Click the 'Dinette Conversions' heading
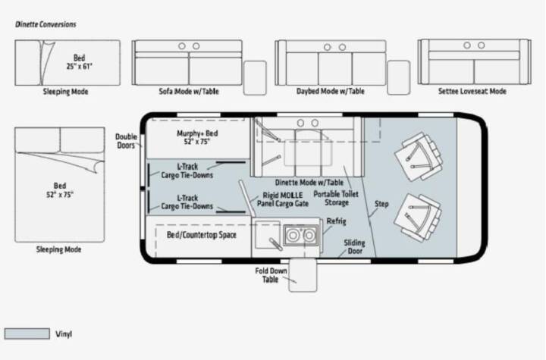pyautogui.click(x=45, y=24)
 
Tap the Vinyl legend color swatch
pyautogui.click(x=27, y=333)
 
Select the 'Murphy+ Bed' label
pyautogui.click(x=197, y=133)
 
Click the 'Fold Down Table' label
pyautogui.click(x=271, y=275)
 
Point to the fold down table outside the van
pyautogui.click(x=303, y=274)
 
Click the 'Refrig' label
pyautogui.click(x=337, y=221)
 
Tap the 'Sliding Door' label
pyautogui.click(x=354, y=247)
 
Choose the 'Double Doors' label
pyautogui.click(x=126, y=141)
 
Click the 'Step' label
pyautogui.click(x=381, y=204)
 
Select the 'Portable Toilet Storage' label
pyautogui.click(x=336, y=199)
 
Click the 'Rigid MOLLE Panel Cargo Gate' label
pyautogui.click(x=283, y=199)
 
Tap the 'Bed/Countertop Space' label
pyautogui.click(x=202, y=235)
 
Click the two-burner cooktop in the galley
pyautogui.click(x=300, y=236)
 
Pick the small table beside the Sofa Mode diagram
pyautogui.click(x=255, y=77)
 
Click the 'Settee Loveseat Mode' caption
pyautogui.click(x=472, y=91)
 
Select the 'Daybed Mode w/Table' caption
pyautogui.click(x=331, y=91)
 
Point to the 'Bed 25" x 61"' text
pyautogui.click(x=80, y=62)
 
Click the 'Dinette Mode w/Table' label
pyautogui.click(x=309, y=183)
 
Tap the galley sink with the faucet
pyautogui.click(x=268, y=235)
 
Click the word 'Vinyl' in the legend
pyautogui.click(x=64, y=334)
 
